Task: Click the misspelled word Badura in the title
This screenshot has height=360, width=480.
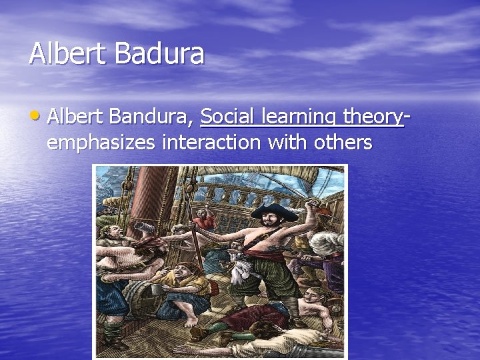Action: (159, 53)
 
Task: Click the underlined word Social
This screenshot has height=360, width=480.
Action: (229, 117)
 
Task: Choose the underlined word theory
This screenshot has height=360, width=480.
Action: (373, 119)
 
